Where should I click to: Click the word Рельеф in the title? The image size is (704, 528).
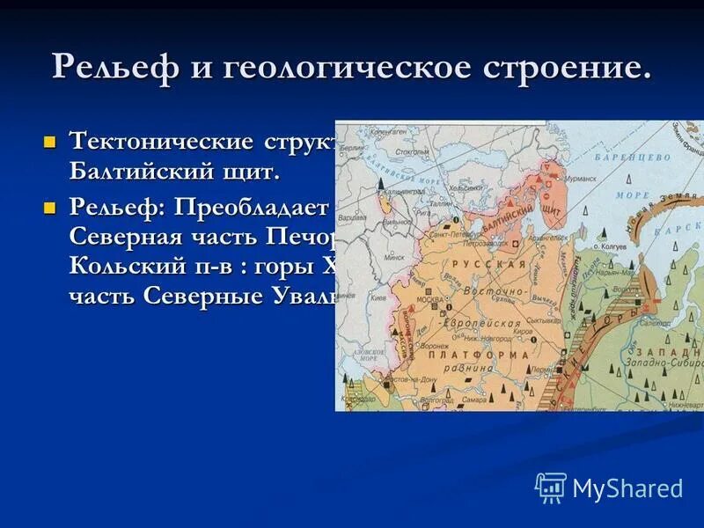113,68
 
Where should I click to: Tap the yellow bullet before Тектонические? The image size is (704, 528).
49,141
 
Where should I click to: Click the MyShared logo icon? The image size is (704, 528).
551,488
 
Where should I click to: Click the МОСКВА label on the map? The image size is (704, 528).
429,299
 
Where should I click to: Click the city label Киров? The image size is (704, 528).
523,333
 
